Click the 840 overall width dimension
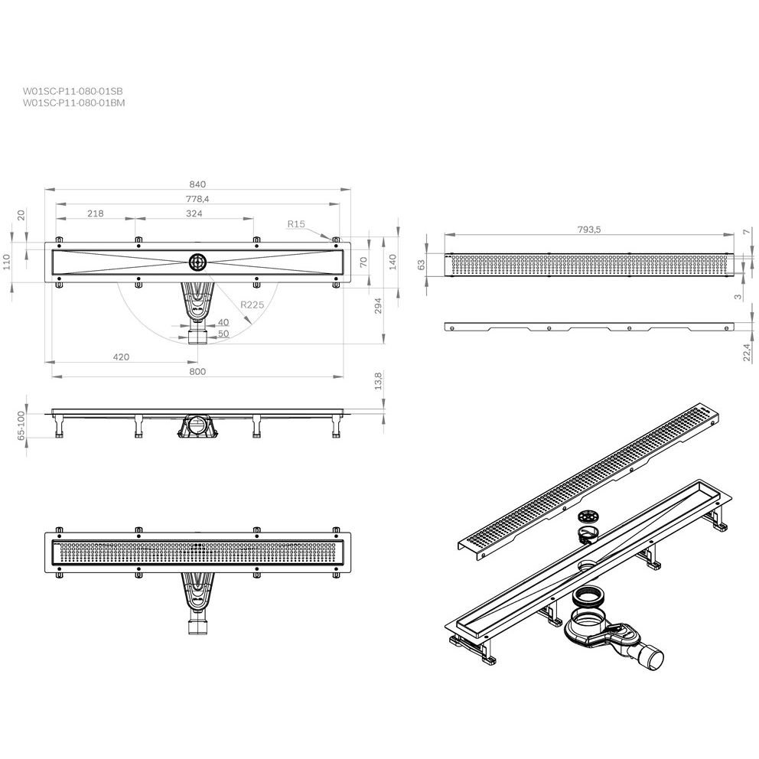tap(197, 184)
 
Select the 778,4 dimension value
tap(197, 199)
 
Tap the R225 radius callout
tap(252, 305)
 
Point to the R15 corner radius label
tap(296, 223)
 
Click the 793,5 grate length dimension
tap(588, 230)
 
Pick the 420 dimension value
tap(121, 357)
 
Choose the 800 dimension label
tap(197, 371)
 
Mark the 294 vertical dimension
tap(379, 305)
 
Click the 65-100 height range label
tap(21, 425)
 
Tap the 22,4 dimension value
tap(747, 352)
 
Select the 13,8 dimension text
tap(379, 380)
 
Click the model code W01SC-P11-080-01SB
tap(73, 91)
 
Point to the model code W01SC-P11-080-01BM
tap(73, 103)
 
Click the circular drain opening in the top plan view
tap(197, 262)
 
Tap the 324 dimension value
tap(194, 213)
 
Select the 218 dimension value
tap(96, 213)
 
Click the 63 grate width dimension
tap(422, 265)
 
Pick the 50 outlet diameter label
tap(223, 334)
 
